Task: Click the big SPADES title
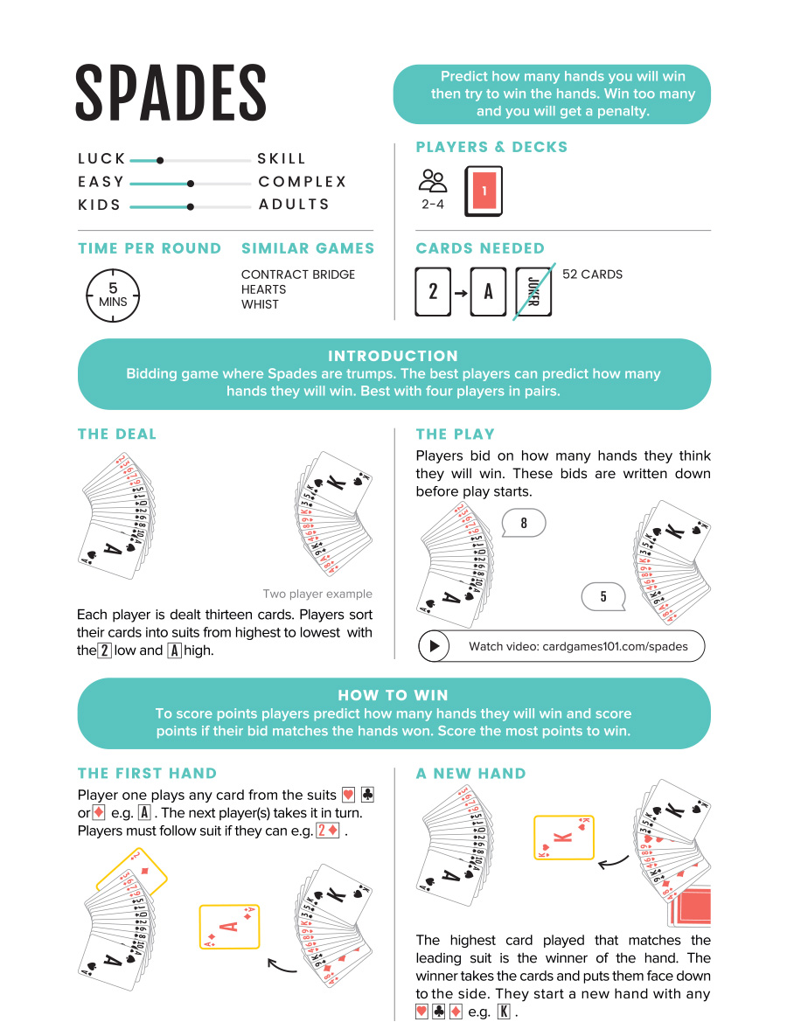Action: [x=171, y=93]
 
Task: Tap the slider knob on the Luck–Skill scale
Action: [x=159, y=160]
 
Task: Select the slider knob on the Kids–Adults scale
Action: [x=190, y=206]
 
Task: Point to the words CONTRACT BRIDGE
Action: [x=298, y=275]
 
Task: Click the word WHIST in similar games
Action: [x=260, y=304]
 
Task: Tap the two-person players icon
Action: [x=433, y=181]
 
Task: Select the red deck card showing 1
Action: [x=484, y=190]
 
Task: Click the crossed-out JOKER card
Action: [x=533, y=292]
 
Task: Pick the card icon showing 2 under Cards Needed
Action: [x=432, y=292]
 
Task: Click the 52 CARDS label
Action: [x=592, y=275]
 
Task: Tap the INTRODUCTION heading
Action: [x=393, y=356]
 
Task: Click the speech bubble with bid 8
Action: [x=524, y=524]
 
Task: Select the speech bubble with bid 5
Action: [x=603, y=597]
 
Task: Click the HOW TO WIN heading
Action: [x=393, y=695]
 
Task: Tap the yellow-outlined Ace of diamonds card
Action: [x=229, y=927]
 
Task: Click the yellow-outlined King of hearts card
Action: [x=564, y=837]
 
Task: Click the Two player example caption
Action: [x=317, y=594]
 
